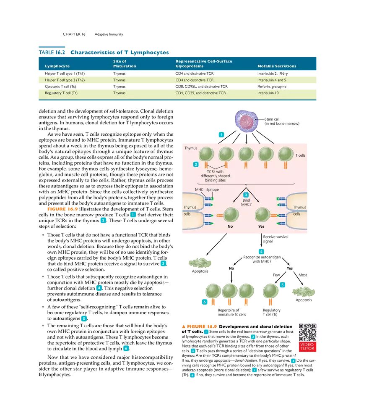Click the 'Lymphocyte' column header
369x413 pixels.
click(x=57, y=66)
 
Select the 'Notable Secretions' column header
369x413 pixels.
click(x=277, y=66)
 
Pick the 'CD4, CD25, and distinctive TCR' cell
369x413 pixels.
click(x=200, y=93)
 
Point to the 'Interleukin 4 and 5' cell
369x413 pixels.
click(x=273, y=79)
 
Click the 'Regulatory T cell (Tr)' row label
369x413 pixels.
click(x=61, y=93)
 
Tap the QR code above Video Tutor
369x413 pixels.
click(x=308, y=332)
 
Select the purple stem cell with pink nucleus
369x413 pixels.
click(x=247, y=121)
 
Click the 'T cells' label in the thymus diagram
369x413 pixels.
click(x=300, y=155)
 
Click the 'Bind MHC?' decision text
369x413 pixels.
click(x=246, y=203)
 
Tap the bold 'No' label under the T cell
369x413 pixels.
click(x=230, y=226)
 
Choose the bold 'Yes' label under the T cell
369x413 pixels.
click(x=262, y=226)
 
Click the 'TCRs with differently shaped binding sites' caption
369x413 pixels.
click(x=216, y=176)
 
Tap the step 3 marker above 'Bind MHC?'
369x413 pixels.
click(x=246, y=195)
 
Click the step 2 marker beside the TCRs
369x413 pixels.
click(x=195, y=164)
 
